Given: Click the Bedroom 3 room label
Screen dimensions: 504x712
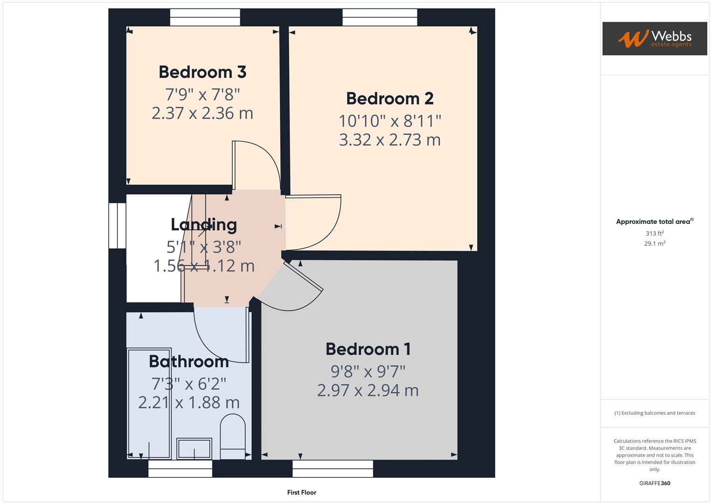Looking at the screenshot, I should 202,72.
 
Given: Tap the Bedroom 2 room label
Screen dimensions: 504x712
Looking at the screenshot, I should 390,99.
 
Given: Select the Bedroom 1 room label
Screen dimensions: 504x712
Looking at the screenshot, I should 368,349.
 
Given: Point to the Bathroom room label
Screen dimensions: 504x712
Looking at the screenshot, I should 189,362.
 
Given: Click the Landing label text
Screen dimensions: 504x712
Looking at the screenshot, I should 204,225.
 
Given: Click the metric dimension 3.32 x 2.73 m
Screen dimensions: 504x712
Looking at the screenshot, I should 390,140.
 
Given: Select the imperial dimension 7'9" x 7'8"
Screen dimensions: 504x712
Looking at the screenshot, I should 202,95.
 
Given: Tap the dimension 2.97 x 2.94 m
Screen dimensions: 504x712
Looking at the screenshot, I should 368,391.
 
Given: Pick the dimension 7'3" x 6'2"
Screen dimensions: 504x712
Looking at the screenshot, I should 189,384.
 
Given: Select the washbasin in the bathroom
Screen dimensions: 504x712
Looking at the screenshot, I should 194,448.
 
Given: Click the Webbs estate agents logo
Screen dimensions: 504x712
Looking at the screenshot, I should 655,39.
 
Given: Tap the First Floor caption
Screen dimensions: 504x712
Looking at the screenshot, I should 302,492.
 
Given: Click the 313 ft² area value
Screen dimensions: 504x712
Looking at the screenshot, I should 655,233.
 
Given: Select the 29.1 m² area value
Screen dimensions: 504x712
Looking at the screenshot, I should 655,244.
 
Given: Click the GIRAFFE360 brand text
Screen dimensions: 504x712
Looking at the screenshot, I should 655,483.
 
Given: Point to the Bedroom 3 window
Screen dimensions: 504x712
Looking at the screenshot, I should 205,18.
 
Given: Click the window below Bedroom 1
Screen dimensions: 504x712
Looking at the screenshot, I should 333,469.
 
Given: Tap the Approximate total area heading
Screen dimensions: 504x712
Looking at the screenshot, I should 654,222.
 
